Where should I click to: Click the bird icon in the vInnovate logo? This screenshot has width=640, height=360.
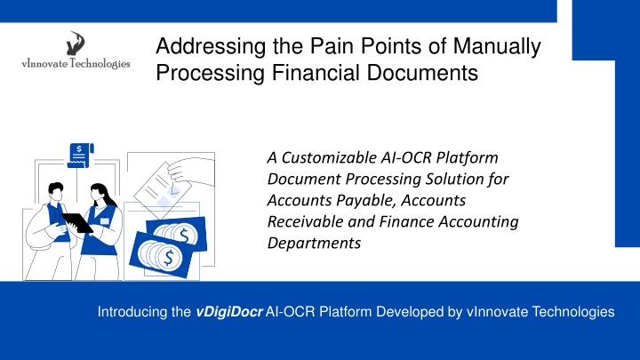76,44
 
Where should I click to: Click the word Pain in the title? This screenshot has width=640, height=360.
331,45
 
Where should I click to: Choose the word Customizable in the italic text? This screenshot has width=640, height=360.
329,157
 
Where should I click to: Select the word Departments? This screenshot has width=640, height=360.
314,244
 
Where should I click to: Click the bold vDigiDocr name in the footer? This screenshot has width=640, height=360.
229,312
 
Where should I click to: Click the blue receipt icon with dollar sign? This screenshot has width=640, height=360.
80,155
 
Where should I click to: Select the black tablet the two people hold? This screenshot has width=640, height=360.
77,223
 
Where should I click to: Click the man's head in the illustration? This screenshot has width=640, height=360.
56,193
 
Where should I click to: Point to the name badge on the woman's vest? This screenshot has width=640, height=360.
105,221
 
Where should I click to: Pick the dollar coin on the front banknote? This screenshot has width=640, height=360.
168,257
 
